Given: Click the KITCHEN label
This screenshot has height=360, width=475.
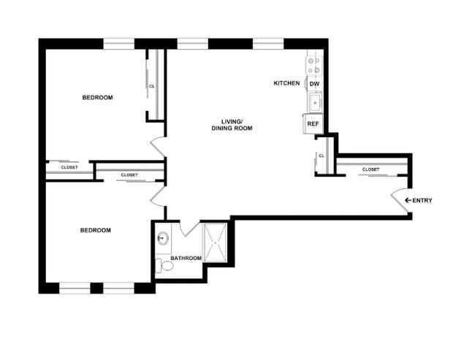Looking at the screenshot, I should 286,83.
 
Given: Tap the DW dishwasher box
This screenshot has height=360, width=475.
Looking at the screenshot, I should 314,84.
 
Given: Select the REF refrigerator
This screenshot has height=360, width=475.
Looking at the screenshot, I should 313,124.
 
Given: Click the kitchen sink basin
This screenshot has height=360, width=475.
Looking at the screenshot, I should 315,103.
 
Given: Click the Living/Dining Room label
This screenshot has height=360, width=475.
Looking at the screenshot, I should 232,124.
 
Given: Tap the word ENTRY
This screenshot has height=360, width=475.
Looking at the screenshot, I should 422,200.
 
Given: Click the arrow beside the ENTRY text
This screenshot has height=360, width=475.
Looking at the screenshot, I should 406,200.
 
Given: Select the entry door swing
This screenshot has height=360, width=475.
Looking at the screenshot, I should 402,199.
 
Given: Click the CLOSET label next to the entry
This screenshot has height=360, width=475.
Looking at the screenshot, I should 370,169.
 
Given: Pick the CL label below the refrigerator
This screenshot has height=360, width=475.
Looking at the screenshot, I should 322,156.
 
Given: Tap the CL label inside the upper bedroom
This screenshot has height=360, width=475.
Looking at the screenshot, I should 152,86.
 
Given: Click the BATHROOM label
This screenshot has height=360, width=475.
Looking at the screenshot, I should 186,258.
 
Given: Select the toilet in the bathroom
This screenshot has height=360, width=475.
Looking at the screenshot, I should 167,266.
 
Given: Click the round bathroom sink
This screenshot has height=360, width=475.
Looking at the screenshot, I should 163,238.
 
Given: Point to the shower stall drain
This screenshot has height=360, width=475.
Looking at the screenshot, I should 216,241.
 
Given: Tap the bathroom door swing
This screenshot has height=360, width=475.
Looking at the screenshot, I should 189,228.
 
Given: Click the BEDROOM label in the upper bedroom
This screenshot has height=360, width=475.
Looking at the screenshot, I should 97,98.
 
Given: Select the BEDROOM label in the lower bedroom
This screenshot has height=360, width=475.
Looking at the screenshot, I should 95,230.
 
